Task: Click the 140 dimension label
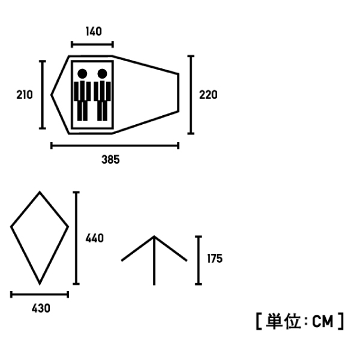pyautogui.click(x=94, y=31)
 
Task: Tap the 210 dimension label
pyautogui.click(x=25, y=95)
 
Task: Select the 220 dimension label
pyautogui.click(x=208, y=95)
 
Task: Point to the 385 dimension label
pyautogui.click(x=110, y=160)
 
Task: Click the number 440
pyautogui.click(x=95, y=238)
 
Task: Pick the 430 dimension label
pyautogui.click(x=41, y=308)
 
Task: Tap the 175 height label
pyautogui.click(x=215, y=259)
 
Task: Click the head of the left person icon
pyautogui.click(x=82, y=74)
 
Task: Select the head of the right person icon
pyautogui.click(x=102, y=74)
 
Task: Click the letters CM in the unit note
pyautogui.click(x=323, y=322)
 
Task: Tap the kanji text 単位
pyautogui.click(x=283, y=321)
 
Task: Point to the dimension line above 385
pyautogui.click(x=115, y=146)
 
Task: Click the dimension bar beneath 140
pyautogui.click(x=92, y=44)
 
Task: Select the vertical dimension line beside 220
pyautogui.click(x=191, y=95)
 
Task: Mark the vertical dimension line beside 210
pyautogui.click(x=42, y=95)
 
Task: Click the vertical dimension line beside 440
pyautogui.click(x=76, y=238)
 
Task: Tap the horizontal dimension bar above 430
pyautogui.click(x=40, y=295)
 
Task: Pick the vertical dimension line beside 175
pyautogui.click(x=199, y=260)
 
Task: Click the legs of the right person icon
pyautogui.click(x=102, y=110)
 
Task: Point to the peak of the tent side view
pyautogui.click(x=154, y=236)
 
